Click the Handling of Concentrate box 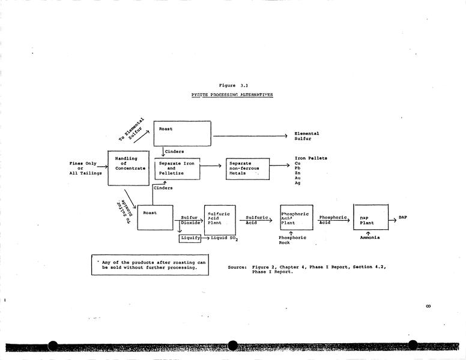tap(130, 169)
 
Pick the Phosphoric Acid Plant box tap(297, 217)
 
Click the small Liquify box tap(190, 238)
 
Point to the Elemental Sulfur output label tap(307, 136)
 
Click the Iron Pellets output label tap(311, 158)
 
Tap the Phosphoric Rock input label tap(292, 240)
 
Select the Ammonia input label tap(369, 238)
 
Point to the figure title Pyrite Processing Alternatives tap(232, 95)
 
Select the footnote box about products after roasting tap(150, 265)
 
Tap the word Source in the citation tap(237, 267)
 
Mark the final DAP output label tap(403, 217)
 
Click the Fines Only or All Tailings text tap(85, 169)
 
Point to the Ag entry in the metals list tap(298, 183)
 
